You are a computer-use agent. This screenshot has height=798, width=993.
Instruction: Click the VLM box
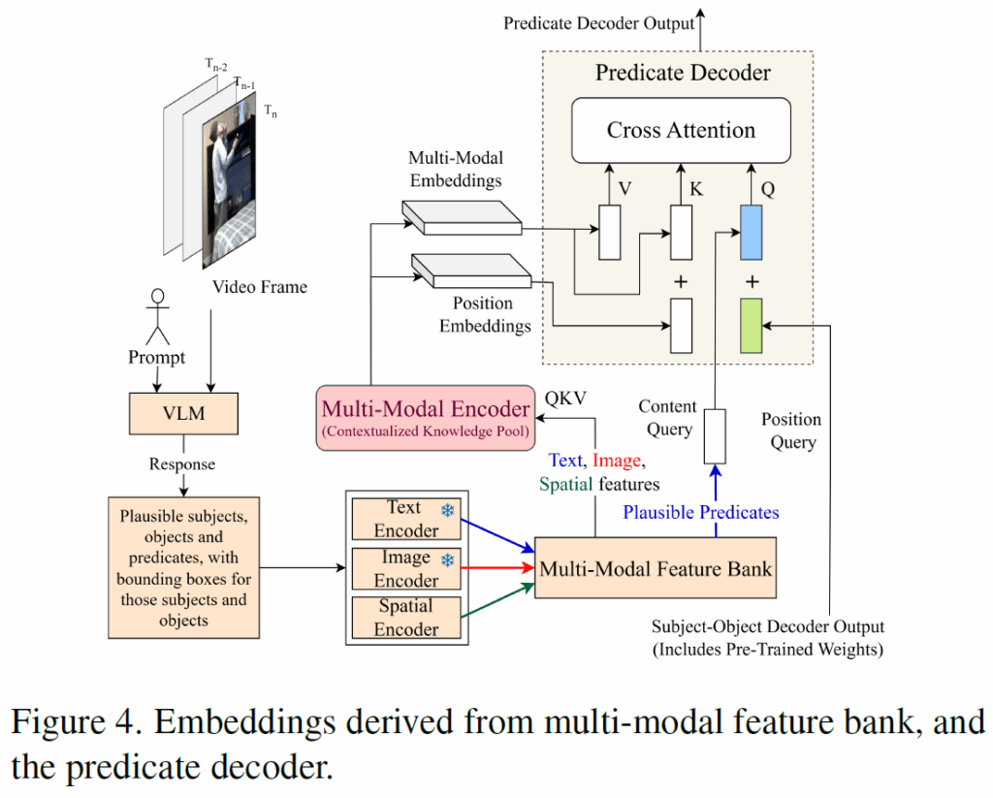(184, 414)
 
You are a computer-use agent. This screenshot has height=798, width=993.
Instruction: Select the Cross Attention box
(681, 130)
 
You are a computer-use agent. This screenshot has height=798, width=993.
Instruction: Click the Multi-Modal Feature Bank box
(656, 567)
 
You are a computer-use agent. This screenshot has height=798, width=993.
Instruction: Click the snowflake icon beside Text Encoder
(447, 510)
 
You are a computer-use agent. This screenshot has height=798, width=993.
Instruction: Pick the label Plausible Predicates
(700, 512)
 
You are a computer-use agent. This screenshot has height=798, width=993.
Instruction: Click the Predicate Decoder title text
(683, 73)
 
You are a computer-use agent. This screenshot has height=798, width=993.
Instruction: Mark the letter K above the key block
(695, 189)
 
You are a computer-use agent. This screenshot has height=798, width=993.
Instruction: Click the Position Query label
(790, 431)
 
